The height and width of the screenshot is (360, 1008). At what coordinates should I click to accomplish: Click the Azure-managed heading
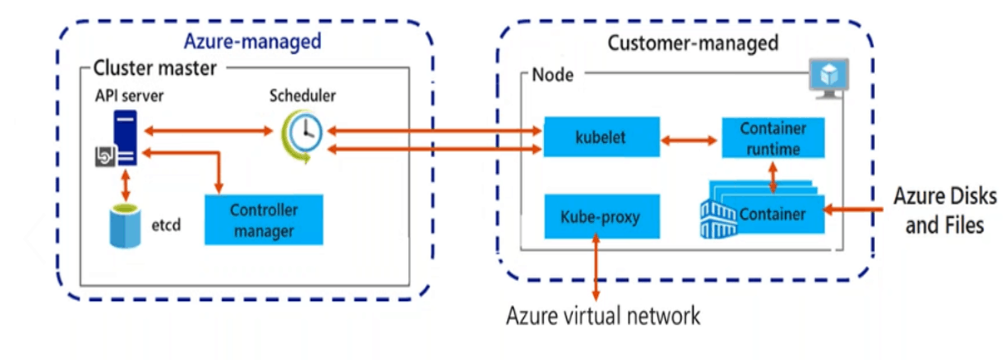click(252, 42)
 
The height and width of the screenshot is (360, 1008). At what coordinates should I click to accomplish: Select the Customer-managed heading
click(693, 42)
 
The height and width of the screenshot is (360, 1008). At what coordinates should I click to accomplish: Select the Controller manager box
click(264, 219)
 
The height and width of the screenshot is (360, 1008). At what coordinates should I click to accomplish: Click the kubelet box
click(600, 137)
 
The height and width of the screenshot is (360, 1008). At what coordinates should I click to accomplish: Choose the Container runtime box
click(773, 139)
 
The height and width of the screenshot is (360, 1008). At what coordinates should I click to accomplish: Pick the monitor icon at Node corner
click(829, 77)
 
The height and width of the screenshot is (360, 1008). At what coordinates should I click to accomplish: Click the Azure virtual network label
click(604, 316)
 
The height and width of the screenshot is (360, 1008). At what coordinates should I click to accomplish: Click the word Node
click(552, 76)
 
